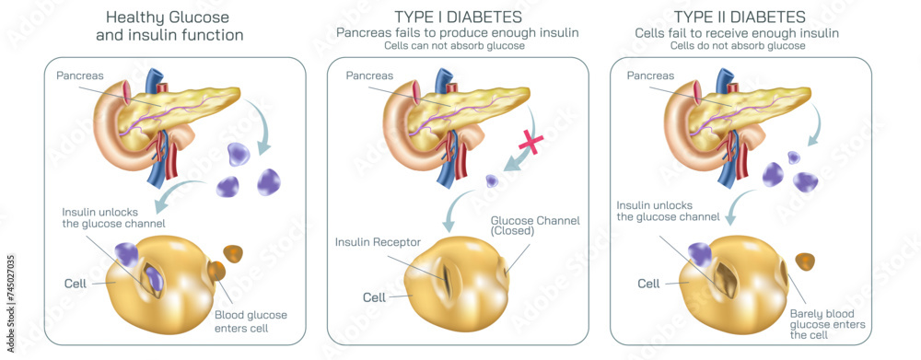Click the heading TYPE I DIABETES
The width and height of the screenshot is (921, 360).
[x=458, y=17]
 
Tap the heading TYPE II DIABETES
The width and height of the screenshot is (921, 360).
[x=740, y=17]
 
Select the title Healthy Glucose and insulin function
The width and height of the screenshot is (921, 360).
[x=169, y=26]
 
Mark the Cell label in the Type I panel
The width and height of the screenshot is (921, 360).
[x=374, y=297]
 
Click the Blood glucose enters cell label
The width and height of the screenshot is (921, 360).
[x=251, y=321]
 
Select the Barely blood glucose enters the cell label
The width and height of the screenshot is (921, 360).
[x=822, y=322]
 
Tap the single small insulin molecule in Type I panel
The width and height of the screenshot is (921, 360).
[x=492, y=180]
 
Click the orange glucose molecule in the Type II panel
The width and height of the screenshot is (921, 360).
[x=806, y=261]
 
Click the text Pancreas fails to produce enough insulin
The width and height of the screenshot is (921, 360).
[x=458, y=32]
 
